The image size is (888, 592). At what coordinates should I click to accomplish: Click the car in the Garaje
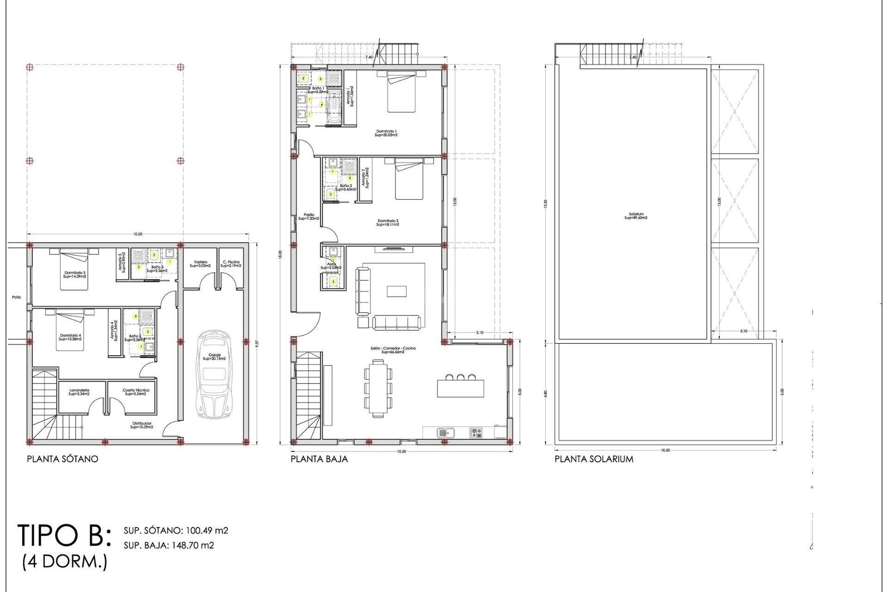pos(214,375)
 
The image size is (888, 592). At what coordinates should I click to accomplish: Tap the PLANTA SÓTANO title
pos(62,459)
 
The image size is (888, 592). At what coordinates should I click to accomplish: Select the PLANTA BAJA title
pos(319,459)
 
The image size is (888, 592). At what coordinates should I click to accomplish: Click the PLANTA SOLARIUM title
pos(594,459)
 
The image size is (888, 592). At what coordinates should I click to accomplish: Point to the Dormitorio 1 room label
pos(386,133)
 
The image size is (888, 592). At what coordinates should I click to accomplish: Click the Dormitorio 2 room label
pos(388,222)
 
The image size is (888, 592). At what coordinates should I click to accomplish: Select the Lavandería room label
pos(79,392)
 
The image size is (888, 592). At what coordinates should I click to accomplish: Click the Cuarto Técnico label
pos(136,392)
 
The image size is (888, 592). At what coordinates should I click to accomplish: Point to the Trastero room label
pos(200,264)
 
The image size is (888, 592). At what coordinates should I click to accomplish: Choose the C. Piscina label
pos(231,264)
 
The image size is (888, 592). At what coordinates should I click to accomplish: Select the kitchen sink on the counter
pos(446,432)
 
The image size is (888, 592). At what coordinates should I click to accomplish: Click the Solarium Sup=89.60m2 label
pos(636,216)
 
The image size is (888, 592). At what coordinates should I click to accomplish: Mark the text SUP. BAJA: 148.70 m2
pos(169,545)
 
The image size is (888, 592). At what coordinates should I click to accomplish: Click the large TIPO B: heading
pos(65,536)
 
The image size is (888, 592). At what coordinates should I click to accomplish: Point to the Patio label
pos(17,297)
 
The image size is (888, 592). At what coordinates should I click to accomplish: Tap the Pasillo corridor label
pos(308,216)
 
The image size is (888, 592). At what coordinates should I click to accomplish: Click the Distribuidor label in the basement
pos(142,425)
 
